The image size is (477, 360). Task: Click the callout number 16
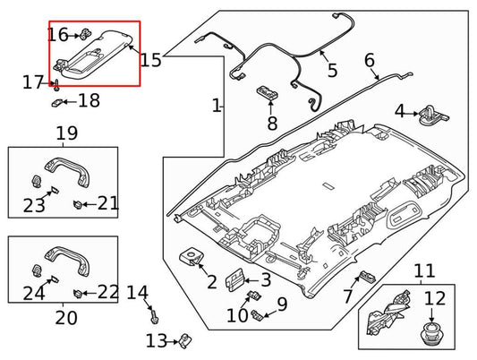[57, 35]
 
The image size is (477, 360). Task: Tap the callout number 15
[150, 60]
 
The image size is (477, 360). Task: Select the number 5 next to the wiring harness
[332, 69]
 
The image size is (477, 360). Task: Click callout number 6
[370, 61]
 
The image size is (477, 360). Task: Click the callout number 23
[34, 205]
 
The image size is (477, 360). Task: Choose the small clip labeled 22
[80, 292]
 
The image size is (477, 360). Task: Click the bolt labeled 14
[154, 314]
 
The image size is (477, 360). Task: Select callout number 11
[423, 270]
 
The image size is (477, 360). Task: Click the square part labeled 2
[193, 257]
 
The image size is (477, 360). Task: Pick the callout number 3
[265, 281]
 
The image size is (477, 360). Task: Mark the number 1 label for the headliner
[216, 107]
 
